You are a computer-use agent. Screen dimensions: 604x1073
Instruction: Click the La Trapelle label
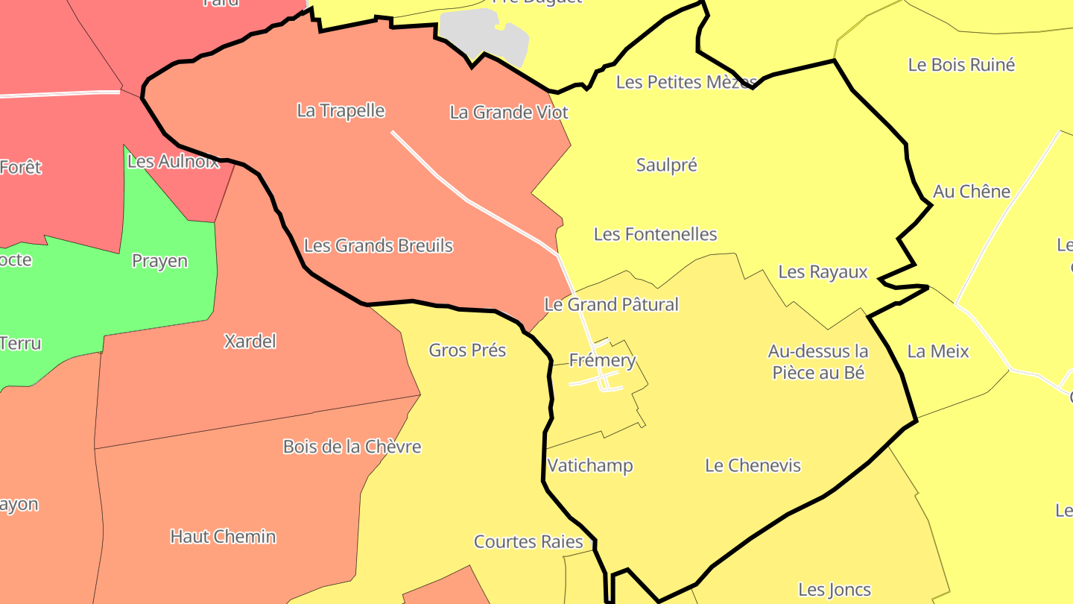(x=341, y=111)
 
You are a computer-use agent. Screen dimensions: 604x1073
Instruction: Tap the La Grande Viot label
(x=509, y=113)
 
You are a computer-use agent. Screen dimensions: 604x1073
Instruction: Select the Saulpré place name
(x=666, y=165)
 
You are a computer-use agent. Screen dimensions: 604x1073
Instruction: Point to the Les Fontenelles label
(x=655, y=234)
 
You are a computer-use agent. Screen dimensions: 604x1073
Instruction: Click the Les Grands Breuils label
(x=379, y=245)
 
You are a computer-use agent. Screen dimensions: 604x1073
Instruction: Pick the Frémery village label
(x=602, y=361)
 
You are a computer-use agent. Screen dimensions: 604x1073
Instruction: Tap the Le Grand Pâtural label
(x=611, y=304)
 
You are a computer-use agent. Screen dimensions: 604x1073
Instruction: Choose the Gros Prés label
(x=467, y=350)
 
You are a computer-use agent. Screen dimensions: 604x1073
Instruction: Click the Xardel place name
(x=250, y=342)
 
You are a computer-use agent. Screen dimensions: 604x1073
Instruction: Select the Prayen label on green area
(x=159, y=261)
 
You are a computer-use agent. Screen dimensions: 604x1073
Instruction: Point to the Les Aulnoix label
(x=174, y=161)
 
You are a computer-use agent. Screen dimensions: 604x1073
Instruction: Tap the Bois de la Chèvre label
(x=352, y=447)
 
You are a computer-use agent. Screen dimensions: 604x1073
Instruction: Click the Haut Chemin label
(x=223, y=536)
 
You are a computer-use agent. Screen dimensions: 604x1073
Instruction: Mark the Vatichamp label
(x=590, y=465)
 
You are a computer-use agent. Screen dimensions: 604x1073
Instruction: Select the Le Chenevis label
(x=753, y=465)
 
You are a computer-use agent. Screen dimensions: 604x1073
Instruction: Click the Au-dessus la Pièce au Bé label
(x=818, y=362)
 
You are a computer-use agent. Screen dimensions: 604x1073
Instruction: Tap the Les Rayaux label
(x=823, y=271)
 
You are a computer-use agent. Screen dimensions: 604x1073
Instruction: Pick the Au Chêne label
(x=971, y=192)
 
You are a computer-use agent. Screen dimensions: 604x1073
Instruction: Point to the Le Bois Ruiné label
(x=961, y=65)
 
